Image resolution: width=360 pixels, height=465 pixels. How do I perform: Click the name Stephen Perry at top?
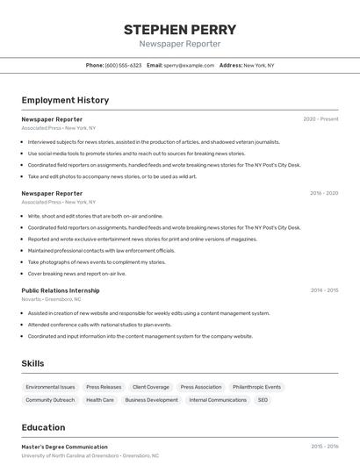(180, 30)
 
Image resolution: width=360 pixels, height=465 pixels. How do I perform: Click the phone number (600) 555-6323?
(123, 65)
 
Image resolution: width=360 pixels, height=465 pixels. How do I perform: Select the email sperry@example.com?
(189, 65)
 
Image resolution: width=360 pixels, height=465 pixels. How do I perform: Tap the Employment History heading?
(65, 100)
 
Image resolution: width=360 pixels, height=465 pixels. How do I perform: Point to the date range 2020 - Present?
(320, 119)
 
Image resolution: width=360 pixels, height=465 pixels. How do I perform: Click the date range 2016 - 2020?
(323, 194)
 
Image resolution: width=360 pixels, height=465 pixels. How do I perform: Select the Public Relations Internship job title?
(61, 290)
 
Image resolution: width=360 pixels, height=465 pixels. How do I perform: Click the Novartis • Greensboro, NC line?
(51, 299)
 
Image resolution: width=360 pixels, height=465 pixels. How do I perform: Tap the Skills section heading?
(32, 363)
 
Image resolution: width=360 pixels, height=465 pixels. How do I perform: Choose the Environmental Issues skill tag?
(50, 387)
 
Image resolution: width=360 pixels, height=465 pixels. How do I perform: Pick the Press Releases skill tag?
(104, 387)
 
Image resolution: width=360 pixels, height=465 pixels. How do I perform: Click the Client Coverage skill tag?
(150, 387)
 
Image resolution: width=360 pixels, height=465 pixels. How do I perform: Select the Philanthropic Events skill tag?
(256, 387)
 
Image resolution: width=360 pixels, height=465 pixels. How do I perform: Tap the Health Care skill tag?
(99, 400)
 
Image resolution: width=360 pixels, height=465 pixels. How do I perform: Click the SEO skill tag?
(262, 400)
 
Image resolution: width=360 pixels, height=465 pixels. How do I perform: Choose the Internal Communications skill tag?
(218, 400)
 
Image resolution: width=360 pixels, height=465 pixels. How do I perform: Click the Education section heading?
(43, 428)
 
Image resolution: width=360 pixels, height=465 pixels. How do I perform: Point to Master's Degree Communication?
(64, 447)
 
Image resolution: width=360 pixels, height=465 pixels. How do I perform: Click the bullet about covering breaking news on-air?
(76, 274)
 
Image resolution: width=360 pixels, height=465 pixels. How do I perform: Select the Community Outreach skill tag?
(50, 400)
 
